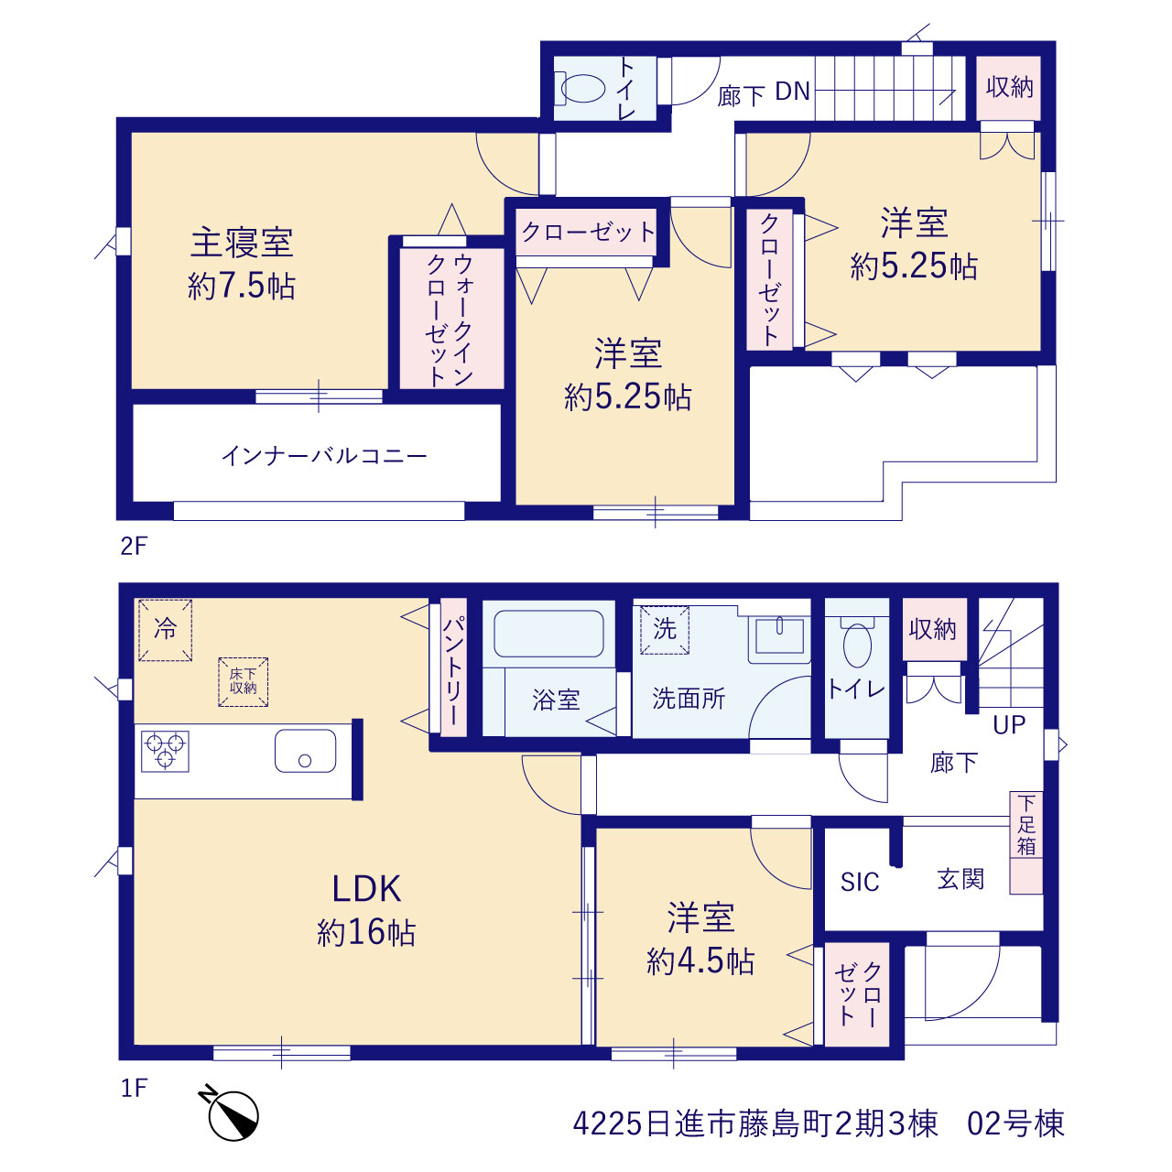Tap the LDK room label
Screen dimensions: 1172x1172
pos(366,889)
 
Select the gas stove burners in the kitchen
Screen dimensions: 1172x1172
pos(165,751)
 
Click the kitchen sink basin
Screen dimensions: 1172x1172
pos(305,751)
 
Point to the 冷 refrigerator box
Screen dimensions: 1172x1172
pos(165,630)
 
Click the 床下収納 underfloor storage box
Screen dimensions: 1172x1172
pos(244,682)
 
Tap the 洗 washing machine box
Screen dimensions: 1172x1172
pos(664,629)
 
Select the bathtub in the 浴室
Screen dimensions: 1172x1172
pos(548,633)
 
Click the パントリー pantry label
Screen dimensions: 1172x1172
pos(453,670)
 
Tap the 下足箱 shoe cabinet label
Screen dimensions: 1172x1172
pos(1025,825)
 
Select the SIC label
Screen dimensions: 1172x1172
pos(860,882)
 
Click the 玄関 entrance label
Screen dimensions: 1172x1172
pos(960,879)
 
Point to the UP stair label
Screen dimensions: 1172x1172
pos(1009,724)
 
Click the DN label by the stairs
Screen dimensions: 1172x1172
pos(793,92)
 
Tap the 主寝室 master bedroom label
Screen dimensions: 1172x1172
pos(242,242)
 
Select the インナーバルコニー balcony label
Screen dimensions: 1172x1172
pos(324,456)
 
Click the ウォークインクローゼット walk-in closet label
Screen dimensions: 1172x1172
pos(450,320)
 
